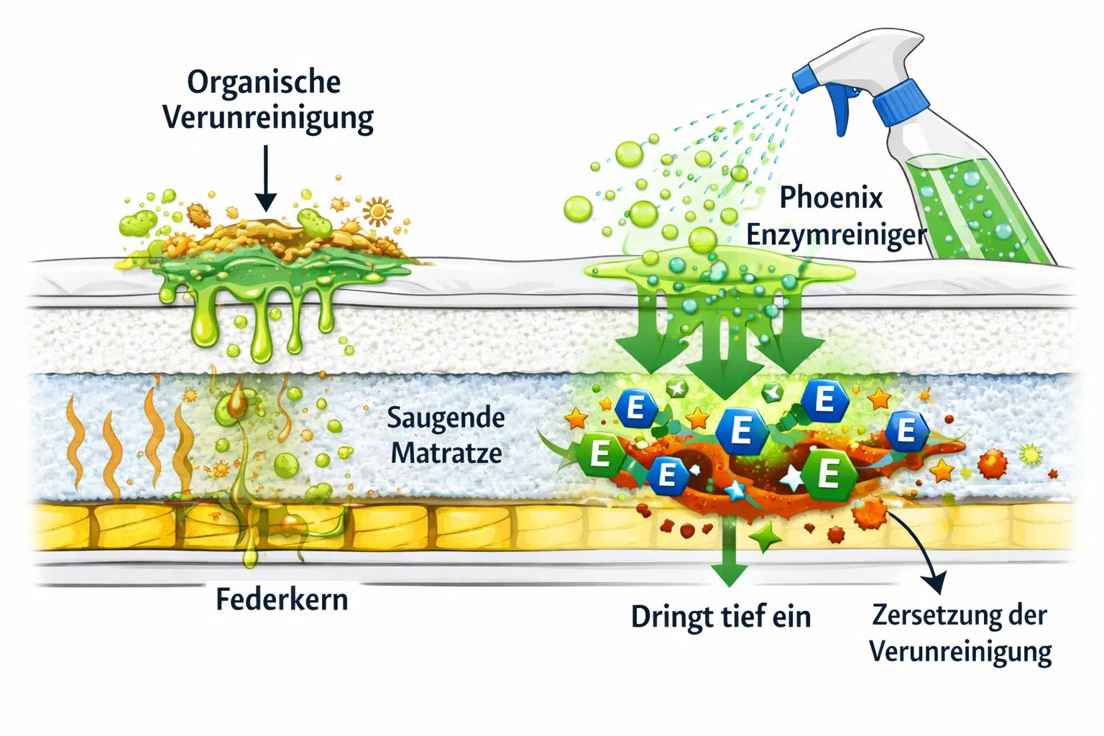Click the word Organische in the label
tap(264, 83)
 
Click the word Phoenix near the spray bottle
tap(831, 198)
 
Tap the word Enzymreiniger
tap(837, 235)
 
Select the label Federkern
tap(282, 600)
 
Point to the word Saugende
tap(446, 418)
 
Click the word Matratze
tap(446, 453)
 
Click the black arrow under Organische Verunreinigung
tap(266, 178)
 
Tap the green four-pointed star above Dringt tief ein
tap(765, 537)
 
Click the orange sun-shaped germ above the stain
tap(378, 212)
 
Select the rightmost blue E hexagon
tap(907, 431)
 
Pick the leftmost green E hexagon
tap(600, 454)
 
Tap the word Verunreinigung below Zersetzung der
tap(960, 652)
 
